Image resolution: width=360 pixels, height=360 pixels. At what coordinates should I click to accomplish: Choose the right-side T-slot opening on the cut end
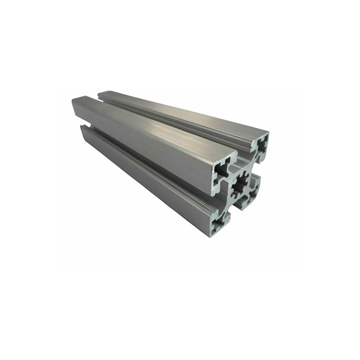pos(256,173)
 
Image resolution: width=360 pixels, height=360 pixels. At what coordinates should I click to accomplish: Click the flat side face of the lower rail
pos(144,175)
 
